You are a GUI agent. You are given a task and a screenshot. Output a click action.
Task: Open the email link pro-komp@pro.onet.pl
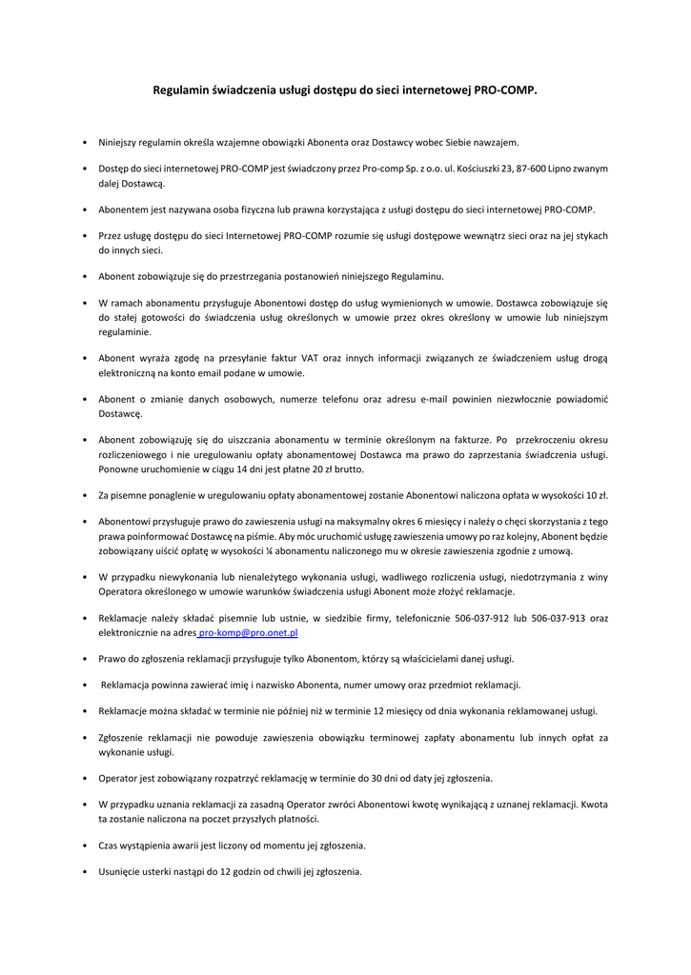click(x=249, y=631)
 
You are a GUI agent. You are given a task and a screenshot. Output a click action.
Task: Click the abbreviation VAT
click(x=311, y=359)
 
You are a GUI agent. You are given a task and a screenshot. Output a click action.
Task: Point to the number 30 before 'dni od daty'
click(x=383, y=778)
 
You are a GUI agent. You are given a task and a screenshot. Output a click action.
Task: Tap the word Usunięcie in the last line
click(x=120, y=871)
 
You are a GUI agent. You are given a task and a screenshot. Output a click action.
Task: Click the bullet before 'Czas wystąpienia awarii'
click(x=86, y=845)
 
